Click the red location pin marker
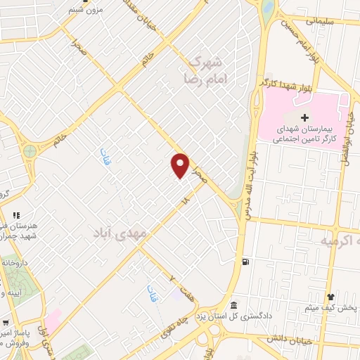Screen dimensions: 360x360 click(x=181, y=165)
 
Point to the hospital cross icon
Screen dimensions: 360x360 click(x=304, y=116)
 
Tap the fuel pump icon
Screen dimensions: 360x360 click(x=245, y=262)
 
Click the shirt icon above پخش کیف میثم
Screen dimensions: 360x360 click(x=330, y=297)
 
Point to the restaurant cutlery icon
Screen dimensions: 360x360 click(x=16, y=215)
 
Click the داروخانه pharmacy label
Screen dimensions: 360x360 click(x=14, y=262)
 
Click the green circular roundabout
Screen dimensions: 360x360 click(x=30, y=151)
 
